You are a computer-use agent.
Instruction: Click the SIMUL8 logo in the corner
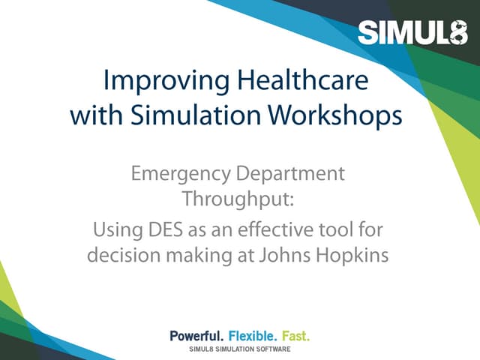coord(412,32)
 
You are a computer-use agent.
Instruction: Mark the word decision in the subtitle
coord(121,255)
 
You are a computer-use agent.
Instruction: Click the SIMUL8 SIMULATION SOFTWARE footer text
coord(239,350)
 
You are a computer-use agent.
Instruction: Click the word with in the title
coord(89,116)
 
